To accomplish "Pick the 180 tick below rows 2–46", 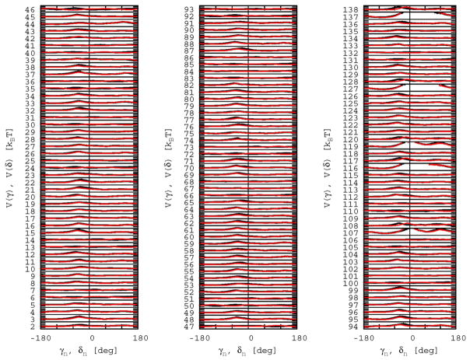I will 139,339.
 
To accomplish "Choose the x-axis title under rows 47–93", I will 248,352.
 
